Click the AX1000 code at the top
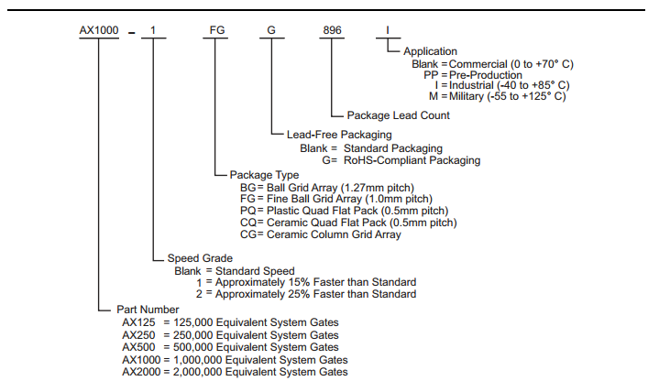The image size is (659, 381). point(97,30)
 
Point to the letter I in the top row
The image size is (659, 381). point(388,30)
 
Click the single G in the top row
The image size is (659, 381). point(271,30)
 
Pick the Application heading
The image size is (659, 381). point(431,52)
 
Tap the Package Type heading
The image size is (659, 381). point(264,174)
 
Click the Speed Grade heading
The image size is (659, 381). point(200,258)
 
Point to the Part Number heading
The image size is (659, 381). point(148,310)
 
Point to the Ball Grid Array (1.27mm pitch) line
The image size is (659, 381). point(345,186)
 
